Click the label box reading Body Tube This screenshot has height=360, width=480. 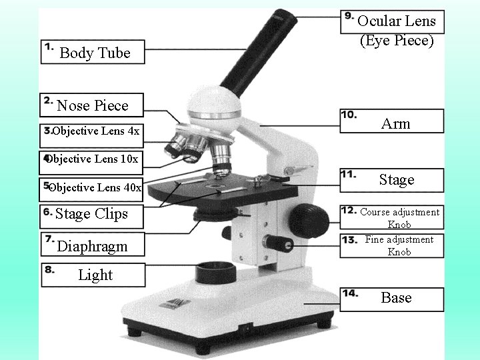(x=93, y=53)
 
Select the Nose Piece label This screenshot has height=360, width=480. (x=92, y=105)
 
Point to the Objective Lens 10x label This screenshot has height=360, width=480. (x=92, y=159)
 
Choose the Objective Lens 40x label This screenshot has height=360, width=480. (x=94, y=187)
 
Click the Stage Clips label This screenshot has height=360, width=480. (x=91, y=214)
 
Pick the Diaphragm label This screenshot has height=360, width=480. (x=92, y=246)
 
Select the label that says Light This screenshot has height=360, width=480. (x=95, y=275)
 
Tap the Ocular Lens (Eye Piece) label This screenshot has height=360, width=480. (x=396, y=31)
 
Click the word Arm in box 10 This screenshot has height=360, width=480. (x=396, y=123)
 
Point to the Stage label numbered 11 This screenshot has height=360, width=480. (x=397, y=179)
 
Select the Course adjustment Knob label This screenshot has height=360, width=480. (x=399, y=218)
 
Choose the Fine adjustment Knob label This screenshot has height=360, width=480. (x=399, y=245)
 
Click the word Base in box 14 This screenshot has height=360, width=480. (x=396, y=297)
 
